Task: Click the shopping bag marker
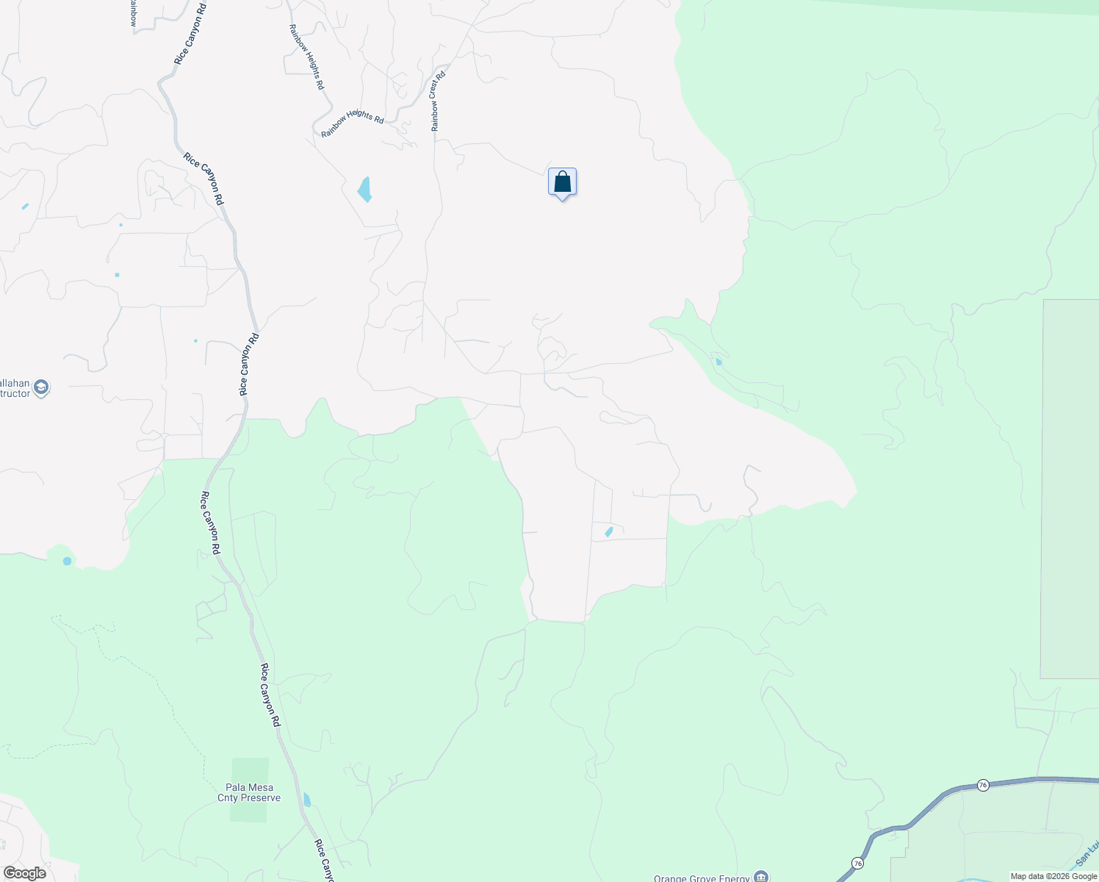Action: coord(562,182)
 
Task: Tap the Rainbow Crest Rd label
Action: coord(438,101)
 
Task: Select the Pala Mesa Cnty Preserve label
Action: coord(249,792)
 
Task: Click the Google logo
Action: coord(24,873)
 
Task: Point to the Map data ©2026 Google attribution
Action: coord(1053,876)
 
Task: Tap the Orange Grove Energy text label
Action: coord(702,878)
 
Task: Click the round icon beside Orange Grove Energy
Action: coord(763,877)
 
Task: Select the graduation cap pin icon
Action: coord(41,387)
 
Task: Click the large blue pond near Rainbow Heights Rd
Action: coord(364,189)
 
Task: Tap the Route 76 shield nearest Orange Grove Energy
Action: coord(857,862)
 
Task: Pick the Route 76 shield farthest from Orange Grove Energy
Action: coord(983,785)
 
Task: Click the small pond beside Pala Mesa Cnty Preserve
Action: coord(306,800)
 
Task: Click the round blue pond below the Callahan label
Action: coord(68,561)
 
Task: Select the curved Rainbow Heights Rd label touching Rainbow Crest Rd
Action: coord(353,124)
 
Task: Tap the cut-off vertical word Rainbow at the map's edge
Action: coord(133,12)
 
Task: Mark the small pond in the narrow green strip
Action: coord(718,362)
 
